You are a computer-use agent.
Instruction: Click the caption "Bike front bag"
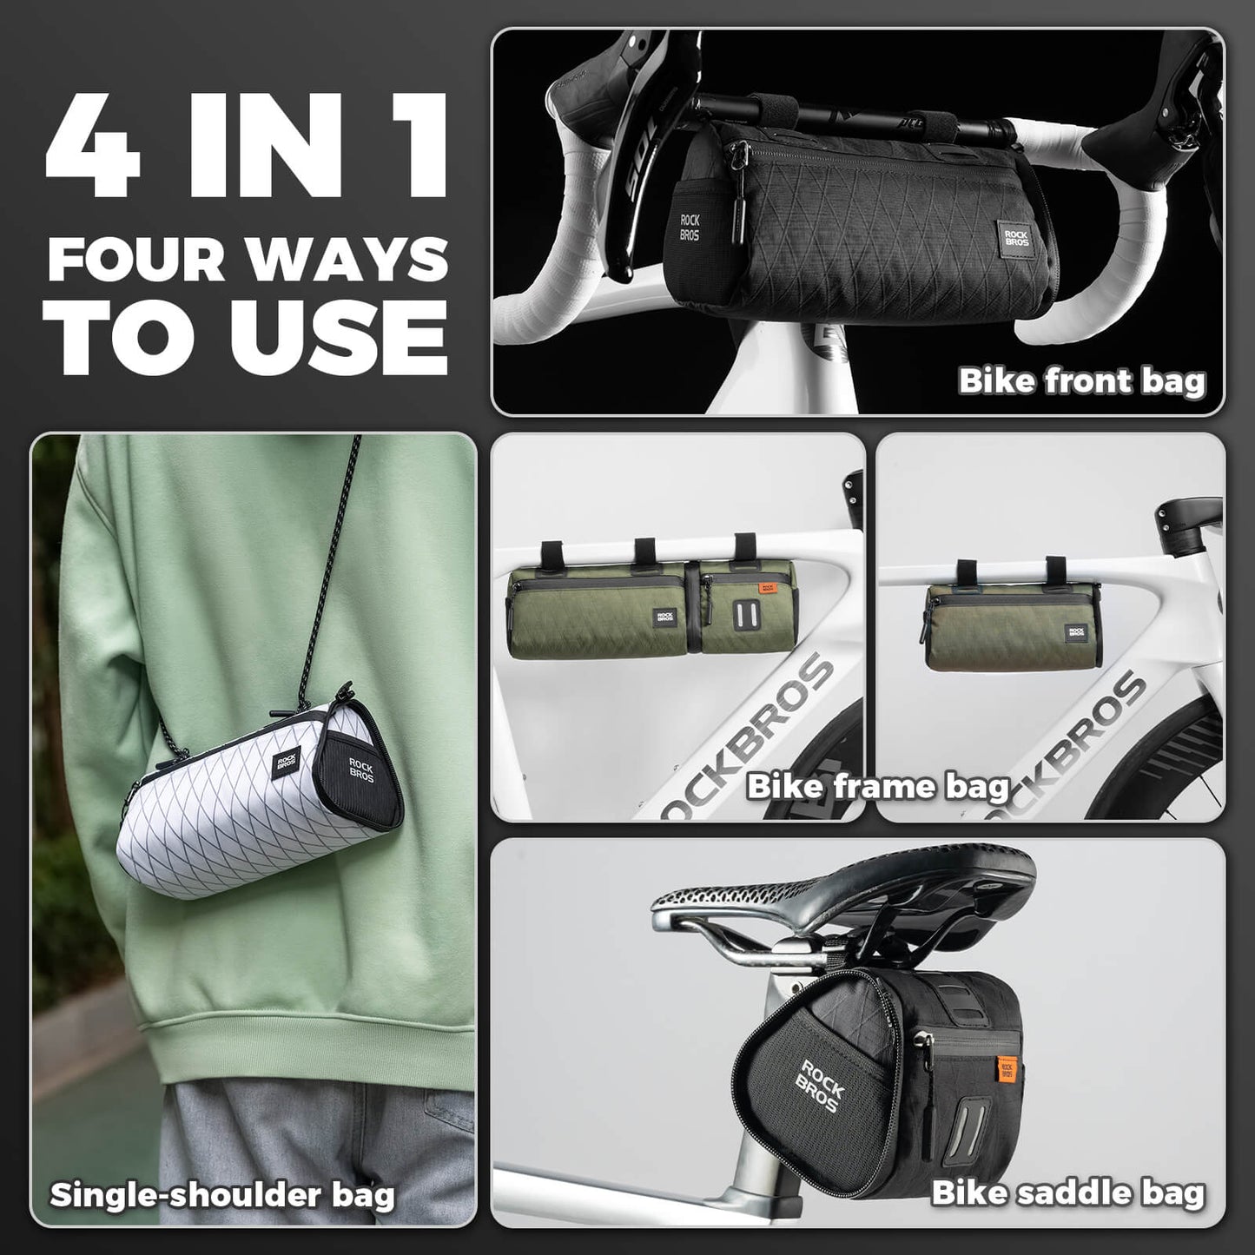click(x=1082, y=380)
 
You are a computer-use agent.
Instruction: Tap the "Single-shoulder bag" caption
click(x=222, y=1194)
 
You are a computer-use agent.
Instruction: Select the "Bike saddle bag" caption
click(x=1068, y=1192)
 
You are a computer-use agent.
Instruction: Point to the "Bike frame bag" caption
click(x=877, y=787)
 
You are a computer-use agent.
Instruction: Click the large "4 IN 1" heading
click(x=248, y=141)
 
